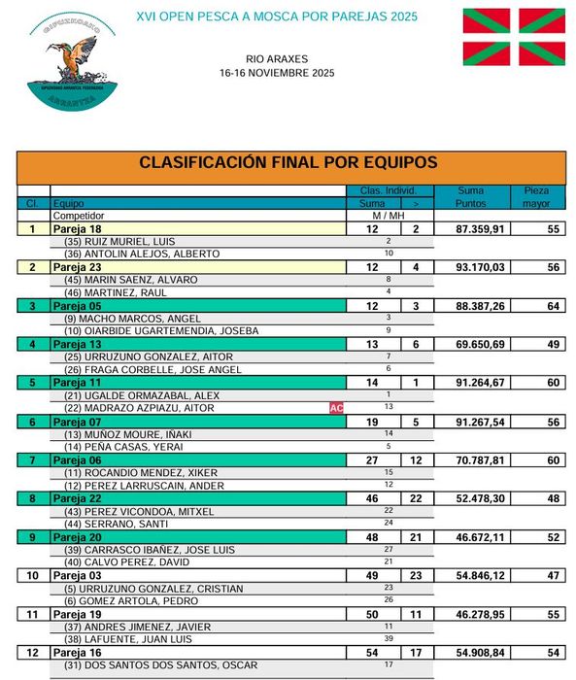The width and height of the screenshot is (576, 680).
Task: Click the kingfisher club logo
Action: point(73,58)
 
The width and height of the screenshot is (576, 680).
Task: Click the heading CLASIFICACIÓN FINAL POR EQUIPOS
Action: point(288,163)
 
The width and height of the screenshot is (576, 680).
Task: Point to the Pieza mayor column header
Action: point(536,197)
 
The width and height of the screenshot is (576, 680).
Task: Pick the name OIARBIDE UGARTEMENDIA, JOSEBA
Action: point(161,330)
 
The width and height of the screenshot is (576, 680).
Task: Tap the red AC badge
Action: point(337,408)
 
